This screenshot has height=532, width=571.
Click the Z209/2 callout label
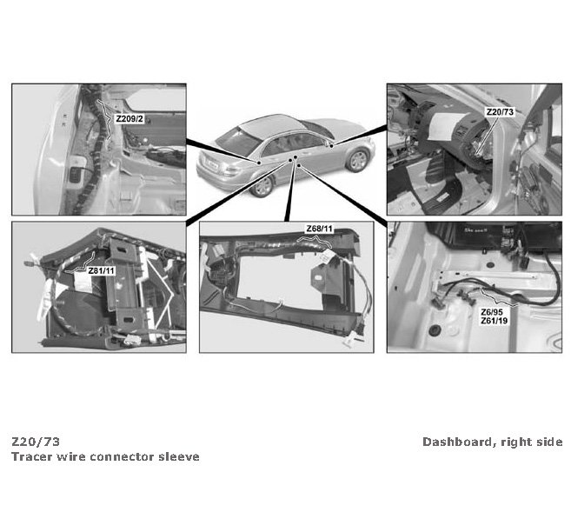tap(129, 119)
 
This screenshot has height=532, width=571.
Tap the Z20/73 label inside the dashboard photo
tap(500, 112)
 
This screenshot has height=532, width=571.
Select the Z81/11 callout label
tap(101, 271)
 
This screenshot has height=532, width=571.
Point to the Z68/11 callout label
tap(319, 229)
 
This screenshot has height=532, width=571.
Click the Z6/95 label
tap(492, 312)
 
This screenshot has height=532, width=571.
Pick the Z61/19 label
tap(494, 321)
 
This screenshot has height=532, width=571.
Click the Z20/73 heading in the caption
tap(36, 442)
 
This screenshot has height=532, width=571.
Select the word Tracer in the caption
tap(32, 456)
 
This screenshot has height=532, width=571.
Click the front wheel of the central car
tap(357, 161)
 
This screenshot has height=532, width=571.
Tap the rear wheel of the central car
tap(262, 186)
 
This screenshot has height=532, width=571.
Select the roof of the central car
tap(272, 124)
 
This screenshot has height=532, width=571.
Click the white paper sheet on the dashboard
tap(445, 126)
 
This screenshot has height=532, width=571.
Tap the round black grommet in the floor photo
tap(434, 330)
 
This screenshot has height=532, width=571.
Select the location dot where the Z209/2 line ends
tap(259, 162)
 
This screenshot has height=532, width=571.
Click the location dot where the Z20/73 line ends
tap(332, 146)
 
